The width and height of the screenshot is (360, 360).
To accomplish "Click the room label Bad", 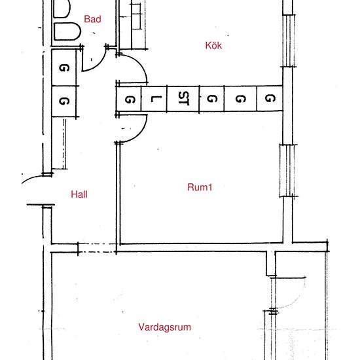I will (93, 20).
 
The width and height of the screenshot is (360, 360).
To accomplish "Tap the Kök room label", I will (214, 45).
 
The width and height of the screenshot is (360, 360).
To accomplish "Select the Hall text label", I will (79, 194).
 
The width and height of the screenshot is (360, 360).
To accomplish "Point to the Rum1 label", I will (200, 187).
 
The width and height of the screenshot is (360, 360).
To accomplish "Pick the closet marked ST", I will (183, 99).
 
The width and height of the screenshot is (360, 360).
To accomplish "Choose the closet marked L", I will (154, 99).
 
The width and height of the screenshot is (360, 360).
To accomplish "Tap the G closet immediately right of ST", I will (211, 99).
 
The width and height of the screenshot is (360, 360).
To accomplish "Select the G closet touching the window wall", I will (269, 99).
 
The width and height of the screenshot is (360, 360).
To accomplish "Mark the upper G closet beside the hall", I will (64, 68).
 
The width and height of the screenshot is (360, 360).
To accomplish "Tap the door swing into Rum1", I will (131, 128).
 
